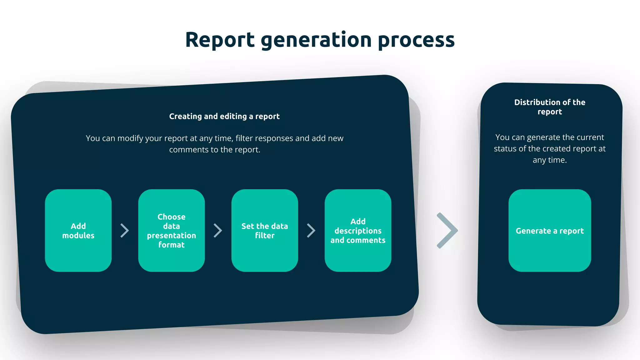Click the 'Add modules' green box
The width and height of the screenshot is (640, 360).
coord(78,231)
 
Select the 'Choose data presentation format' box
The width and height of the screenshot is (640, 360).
coord(171,231)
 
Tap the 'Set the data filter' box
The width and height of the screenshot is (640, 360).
coord(265,231)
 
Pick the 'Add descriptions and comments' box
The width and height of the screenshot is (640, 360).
coord(358,231)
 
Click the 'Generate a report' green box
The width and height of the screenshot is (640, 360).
coord(550,231)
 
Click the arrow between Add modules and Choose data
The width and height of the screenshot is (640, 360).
coord(125,231)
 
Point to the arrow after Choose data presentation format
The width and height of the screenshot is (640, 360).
coord(218,231)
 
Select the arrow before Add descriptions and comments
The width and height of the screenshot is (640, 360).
coord(311,231)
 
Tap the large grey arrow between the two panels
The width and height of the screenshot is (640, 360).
coord(447,231)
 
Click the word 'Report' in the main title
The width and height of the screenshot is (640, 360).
coord(220,40)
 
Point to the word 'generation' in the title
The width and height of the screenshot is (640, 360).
coord(316,40)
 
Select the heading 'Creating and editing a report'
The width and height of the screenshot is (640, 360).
coord(224,116)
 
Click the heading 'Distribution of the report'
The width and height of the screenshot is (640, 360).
coord(550,107)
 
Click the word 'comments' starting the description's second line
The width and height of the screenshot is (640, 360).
coord(189,150)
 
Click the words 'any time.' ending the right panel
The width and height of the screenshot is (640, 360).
coord(550,160)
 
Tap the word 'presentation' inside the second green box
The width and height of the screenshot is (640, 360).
coord(171,236)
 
